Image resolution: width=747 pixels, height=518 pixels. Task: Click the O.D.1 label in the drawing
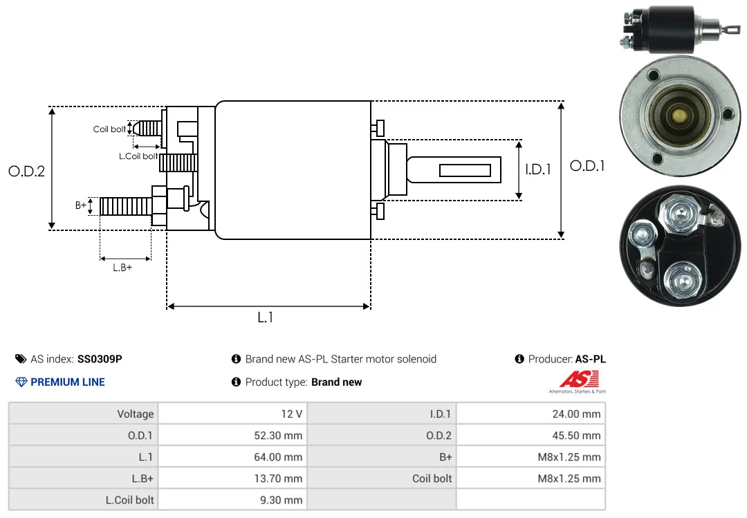(x=587, y=166)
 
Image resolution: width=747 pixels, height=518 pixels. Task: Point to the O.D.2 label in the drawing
(x=27, y=171)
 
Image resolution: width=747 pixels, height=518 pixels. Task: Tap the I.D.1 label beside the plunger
(x=538, y=169)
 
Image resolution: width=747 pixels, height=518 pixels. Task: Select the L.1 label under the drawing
(x=266, y=317)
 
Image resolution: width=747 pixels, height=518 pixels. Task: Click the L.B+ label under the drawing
(x=122, y=268)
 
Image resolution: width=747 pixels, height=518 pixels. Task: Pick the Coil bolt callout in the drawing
(x=109, y=129)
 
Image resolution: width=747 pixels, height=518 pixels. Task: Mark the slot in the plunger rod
(x=465, y=170)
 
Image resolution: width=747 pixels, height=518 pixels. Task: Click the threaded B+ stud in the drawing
(x=126, y=206)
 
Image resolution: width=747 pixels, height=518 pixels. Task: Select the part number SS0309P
(x=100, y=359)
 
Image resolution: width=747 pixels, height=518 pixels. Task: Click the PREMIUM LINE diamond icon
(x=21, y=382)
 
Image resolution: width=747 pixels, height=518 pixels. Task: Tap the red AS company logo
(x=579, y=380)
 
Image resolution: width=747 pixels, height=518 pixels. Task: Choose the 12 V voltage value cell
(x=232, y=414)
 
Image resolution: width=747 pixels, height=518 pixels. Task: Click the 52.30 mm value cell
(x=232, y=435)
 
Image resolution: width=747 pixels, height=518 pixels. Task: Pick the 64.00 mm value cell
(x=232, y=456)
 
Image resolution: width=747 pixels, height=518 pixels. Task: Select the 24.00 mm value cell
(x=531, y=414)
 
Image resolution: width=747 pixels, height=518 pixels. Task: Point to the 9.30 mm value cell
(x=232, y=500)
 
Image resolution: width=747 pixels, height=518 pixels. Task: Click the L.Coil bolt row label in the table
(x=129, y=500)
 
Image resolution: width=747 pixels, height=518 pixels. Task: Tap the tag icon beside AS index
(x=21, y=359)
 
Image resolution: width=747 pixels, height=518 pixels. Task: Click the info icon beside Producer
(x=519, y=359)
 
